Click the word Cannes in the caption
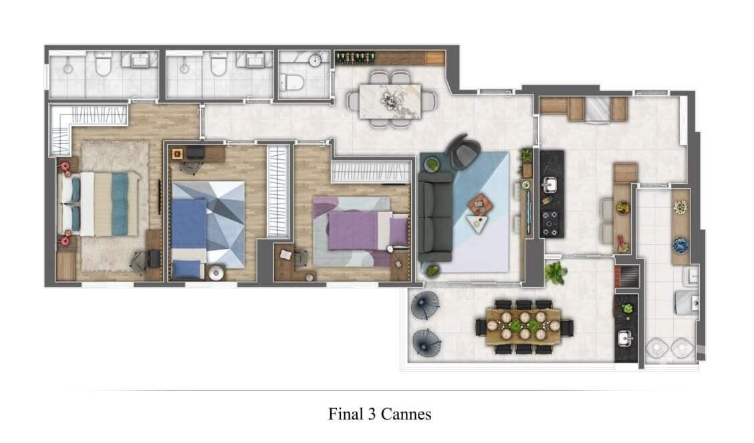tap(406, 414)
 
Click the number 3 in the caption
tap(371, 414)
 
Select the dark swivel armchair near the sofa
tap(461, 152)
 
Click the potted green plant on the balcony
tap(555, 272)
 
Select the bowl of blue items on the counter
tap(680, 246)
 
